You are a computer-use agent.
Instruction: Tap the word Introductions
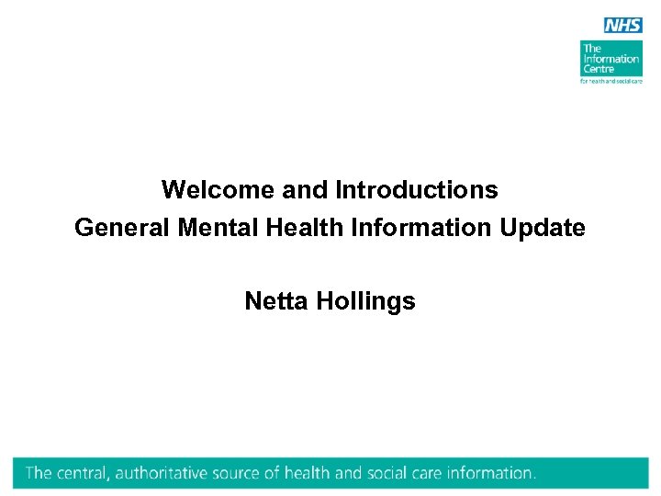point(417,190)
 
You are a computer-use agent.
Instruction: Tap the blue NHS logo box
point(622,26)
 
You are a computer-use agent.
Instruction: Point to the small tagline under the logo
point(611,81)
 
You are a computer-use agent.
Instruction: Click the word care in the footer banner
point(435,474)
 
